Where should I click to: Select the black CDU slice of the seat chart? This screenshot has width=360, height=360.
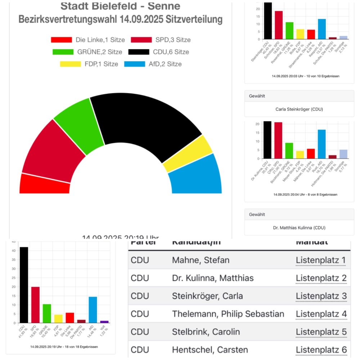[x=144, y=122]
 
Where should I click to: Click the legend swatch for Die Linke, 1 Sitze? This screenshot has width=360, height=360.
[x=62, y=40]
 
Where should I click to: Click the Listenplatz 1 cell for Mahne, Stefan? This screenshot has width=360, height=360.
[x=321, y=260]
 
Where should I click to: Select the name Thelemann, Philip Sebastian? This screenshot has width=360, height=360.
[x=228, y=314]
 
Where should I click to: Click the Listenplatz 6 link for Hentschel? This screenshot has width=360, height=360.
[x=321, y=350]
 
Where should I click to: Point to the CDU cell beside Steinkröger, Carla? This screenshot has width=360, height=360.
[x=140, y=296]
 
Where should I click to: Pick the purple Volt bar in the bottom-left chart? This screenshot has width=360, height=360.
[x=104, y=321]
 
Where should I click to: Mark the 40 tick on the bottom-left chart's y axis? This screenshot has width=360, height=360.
[x=13, y=251]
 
